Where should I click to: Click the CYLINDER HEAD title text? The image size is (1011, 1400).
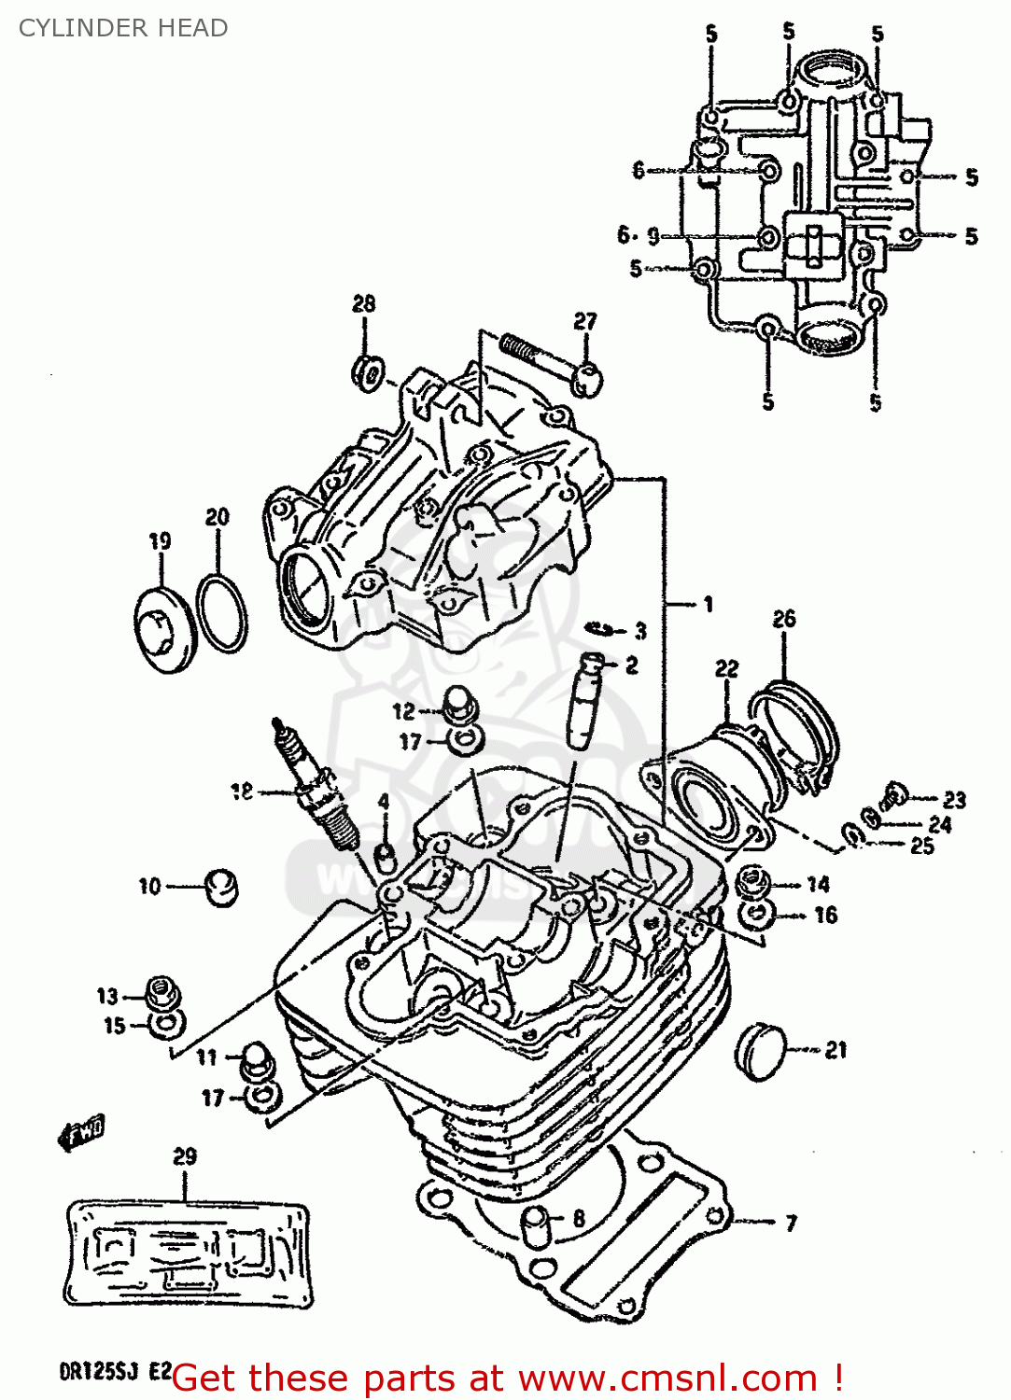(123, 28)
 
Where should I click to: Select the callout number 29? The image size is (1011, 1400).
(185, 1156)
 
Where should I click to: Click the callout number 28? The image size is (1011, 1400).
(363, 303)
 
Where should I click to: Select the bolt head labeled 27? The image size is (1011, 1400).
(587, 378)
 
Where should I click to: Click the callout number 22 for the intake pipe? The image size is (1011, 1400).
(726, 668)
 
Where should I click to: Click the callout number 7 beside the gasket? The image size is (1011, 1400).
(791, 1223)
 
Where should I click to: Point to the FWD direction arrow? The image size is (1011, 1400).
(83, 1132)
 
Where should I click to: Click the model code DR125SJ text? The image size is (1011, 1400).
(99, 1372)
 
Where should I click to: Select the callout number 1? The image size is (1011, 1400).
(708, 605)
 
